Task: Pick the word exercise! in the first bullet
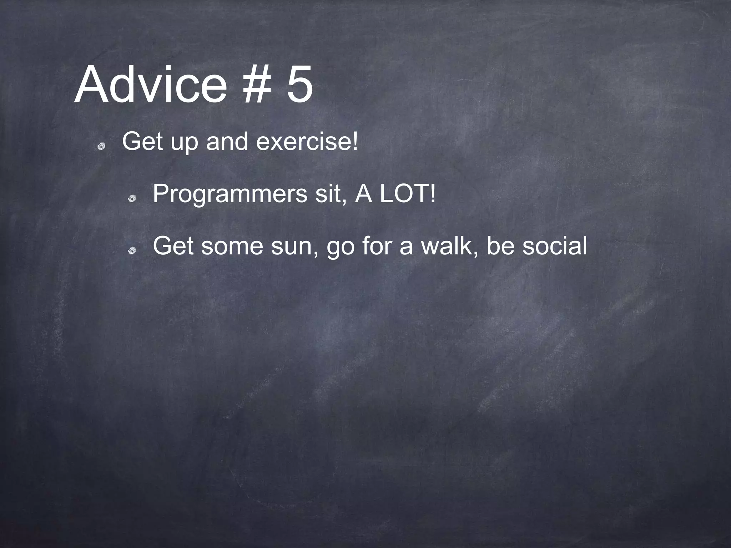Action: [307, 142]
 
